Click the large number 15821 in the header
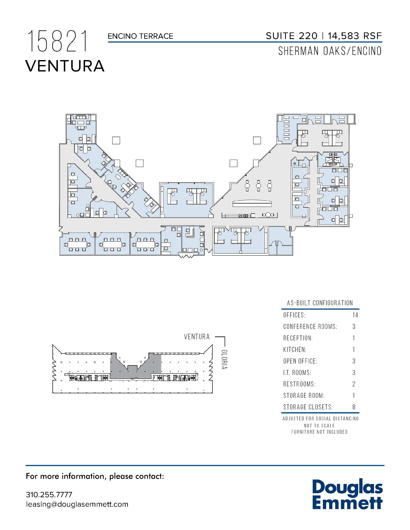click(57, 42)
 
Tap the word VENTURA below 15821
click(65, 66)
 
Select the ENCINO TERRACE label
click(140, 36)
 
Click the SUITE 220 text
click(291, 36)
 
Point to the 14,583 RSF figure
click(355, 36)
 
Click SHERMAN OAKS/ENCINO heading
click(330, 51)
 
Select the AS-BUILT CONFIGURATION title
click(320, 303)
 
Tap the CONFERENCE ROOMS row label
click(310, 327)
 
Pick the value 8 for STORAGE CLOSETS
click(354, 407)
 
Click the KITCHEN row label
click(295, 350)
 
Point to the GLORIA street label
click(224, 359)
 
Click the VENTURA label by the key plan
click(197, 337)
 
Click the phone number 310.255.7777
click(49, 495)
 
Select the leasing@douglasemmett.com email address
click(77, 504)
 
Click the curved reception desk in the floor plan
click(252, 203)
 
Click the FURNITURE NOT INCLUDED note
click(319, 432)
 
